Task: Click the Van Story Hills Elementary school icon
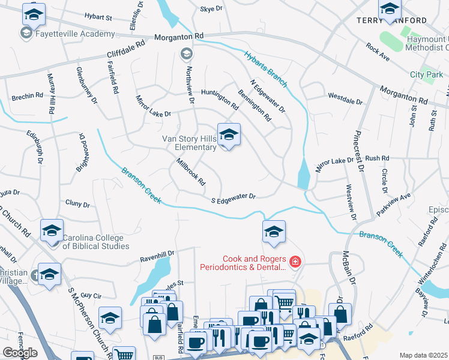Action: [x=229, y=136]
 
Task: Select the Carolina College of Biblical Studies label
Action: [x=96, y=241]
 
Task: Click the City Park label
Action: [x=426, y=74]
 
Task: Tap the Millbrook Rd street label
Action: [x=191, y=171]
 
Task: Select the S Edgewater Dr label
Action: [x=233, y=198]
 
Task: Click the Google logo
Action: [x=20, y=353]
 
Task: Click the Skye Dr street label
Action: [x=211, y=9]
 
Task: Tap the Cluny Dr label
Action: [x=77, y=205]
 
